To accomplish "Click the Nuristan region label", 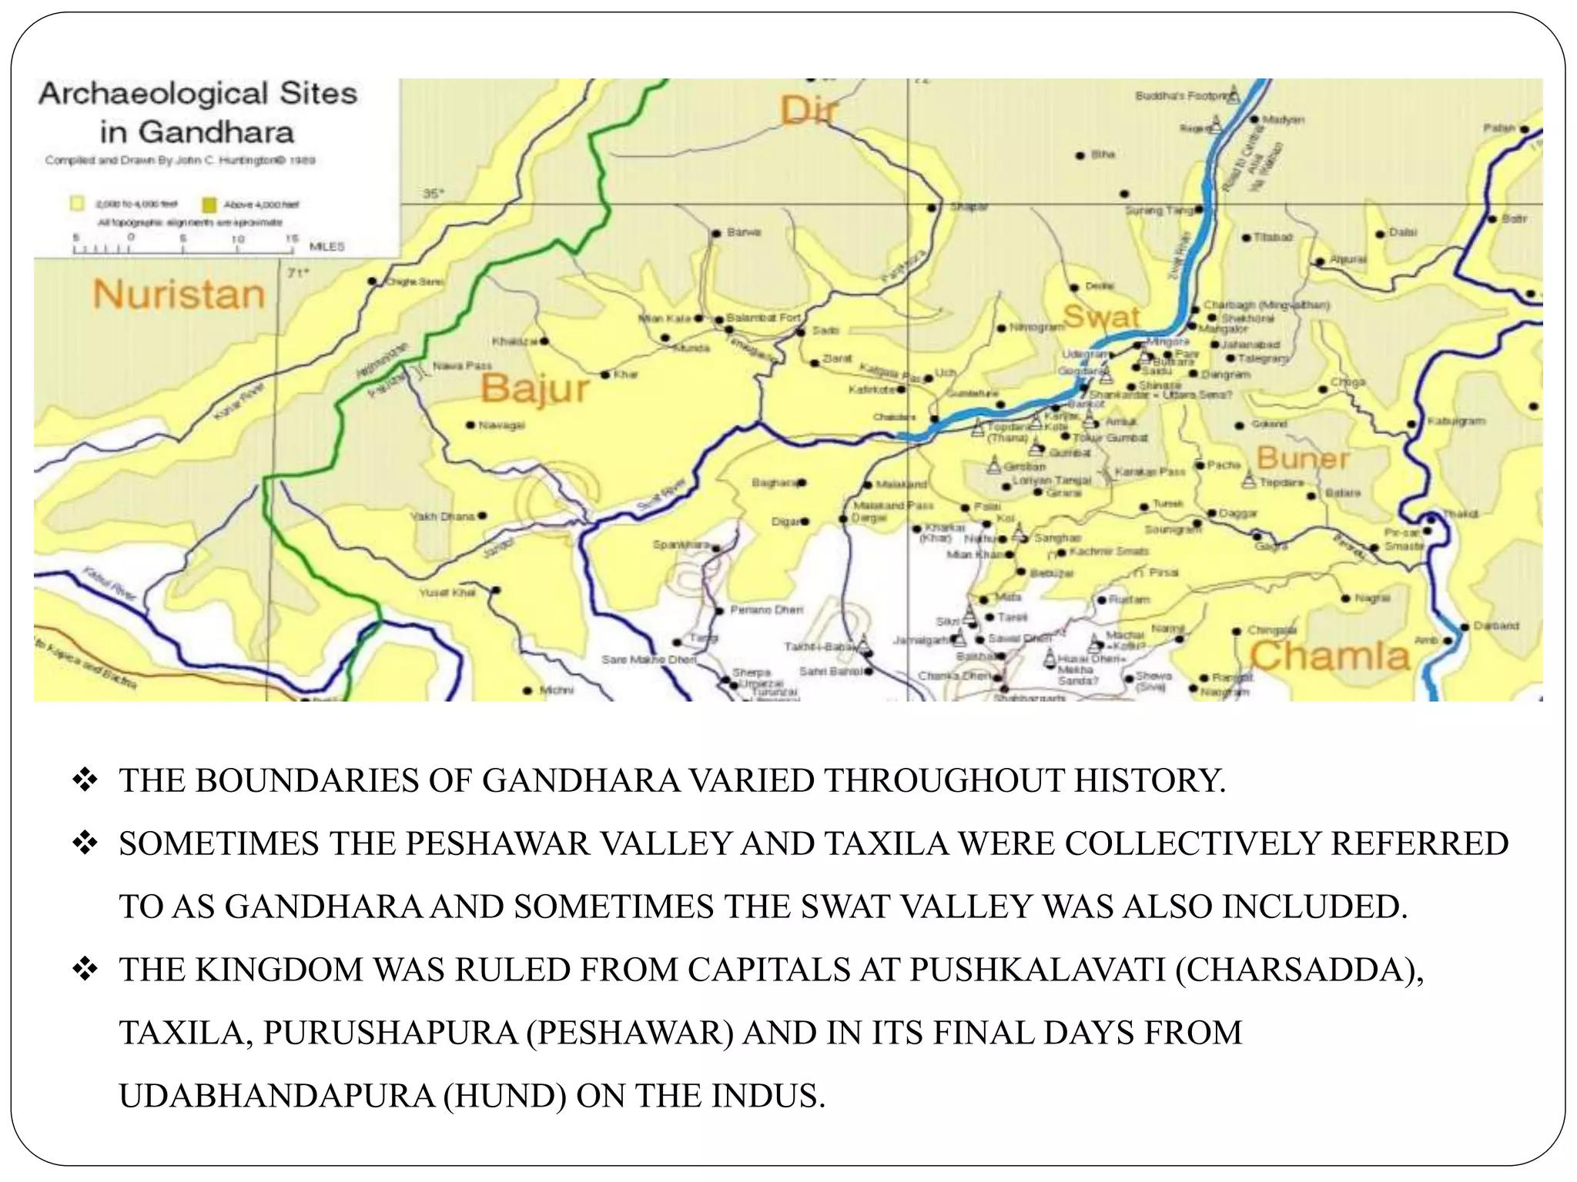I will (x=179, y=295).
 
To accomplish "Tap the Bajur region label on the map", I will (x=535, y=389).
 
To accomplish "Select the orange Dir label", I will (x=809, y=112).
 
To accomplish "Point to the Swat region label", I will (x=1100, y=316).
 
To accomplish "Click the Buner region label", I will (x=1303, y=459).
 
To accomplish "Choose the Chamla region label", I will (x=1330, y=656).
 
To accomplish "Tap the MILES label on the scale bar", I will (x=326, y=247).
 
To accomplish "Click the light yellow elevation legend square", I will (x=77, y=204).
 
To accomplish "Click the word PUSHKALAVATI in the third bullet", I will (x=1037, y=970).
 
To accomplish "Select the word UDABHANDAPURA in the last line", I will (x=277, y=1096).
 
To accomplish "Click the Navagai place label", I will (x=501, y=425).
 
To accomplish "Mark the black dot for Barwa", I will (x=715, y=233).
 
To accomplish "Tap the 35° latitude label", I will (x=434, y=194).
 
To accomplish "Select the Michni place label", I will (x=556, y=690).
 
